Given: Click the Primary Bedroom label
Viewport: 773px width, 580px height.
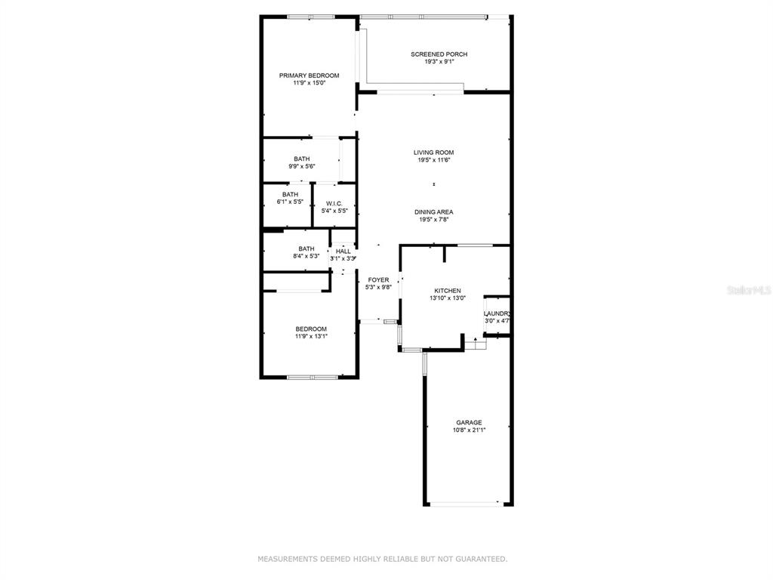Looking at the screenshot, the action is (309, 76).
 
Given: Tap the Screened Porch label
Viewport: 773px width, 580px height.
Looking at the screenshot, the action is (439, 54).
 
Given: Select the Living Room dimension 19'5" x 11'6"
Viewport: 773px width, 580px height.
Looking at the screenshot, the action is (434, 160).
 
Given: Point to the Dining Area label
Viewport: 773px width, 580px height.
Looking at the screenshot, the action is (434, 212).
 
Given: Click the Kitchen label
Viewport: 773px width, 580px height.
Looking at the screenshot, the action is (448, 291).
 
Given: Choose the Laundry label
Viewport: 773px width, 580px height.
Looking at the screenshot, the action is (497, 313).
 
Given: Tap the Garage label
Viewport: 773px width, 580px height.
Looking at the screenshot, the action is (469, 423).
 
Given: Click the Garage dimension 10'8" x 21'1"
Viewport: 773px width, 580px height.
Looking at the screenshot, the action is (470, 430).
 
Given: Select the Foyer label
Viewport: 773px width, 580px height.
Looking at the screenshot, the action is (379, 280).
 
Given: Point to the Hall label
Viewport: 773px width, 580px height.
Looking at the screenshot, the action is (343, 251).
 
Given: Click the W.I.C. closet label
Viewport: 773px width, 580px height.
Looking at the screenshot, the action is (334, 204).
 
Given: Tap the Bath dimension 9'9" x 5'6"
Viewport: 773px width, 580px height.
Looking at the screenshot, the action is (302, 166).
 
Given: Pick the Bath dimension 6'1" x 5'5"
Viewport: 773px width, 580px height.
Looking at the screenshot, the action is (290, 202).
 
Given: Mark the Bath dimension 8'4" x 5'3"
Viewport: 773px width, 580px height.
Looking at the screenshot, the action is (306, 256).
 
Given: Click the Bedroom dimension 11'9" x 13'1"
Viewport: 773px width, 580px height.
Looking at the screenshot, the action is (311, 336).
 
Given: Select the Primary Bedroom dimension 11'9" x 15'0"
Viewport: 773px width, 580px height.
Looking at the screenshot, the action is (309, 83).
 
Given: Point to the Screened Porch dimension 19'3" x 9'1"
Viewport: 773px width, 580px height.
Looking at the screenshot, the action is (439, 62).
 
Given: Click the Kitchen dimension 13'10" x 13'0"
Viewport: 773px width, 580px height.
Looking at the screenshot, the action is (448, 298).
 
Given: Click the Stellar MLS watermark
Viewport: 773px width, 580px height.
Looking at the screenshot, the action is (749, 291).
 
